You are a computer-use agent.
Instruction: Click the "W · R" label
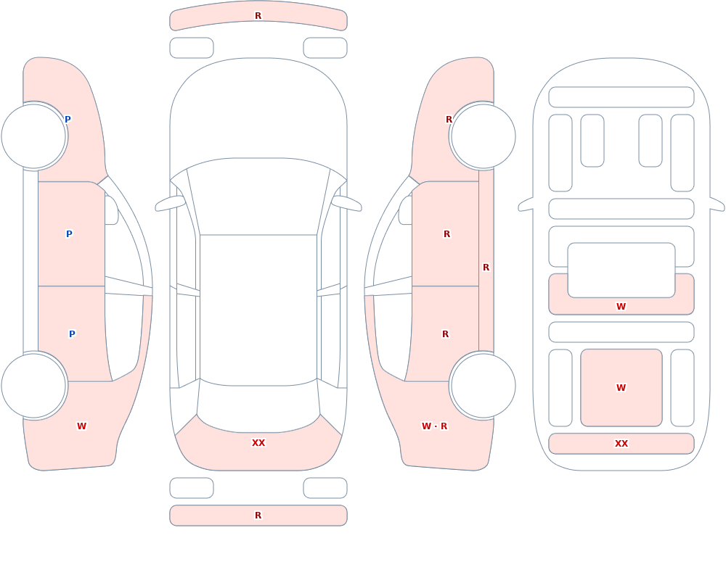click(434, 426)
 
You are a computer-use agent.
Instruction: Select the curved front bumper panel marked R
click(258, 16)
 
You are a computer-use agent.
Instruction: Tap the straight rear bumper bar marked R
click(258, 516)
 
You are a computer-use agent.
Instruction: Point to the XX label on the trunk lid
click(258, 443)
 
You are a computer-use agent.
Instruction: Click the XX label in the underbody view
click(621, 444)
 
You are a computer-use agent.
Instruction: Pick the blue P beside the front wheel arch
click(68, 120)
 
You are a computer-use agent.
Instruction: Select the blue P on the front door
click(69, 234)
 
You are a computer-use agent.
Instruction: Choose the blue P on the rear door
click(72, 334)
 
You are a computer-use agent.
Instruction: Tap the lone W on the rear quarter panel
click(81, 426)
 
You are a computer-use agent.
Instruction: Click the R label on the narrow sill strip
click(486, 268)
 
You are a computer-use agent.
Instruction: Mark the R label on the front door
click(446, 234)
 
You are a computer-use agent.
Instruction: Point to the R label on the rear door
click(446, 334)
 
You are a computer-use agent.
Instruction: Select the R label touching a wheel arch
click(449, 120)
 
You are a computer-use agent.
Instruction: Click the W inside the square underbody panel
click(621, 388)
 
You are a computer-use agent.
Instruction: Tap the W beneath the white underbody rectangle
click(621, 306)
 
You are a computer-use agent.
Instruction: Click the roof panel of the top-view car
click(258, 310)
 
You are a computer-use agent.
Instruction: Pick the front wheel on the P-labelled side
click(34, 136)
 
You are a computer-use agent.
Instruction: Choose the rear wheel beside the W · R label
click(483, 385)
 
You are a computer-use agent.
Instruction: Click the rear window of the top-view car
click(258, 407)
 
